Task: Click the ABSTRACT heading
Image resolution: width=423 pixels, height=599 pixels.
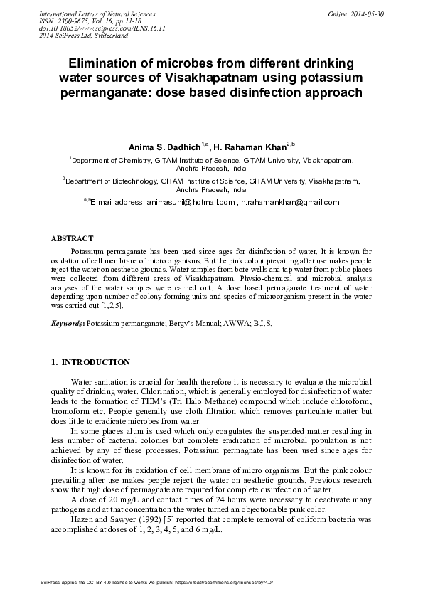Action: pyautogui.click(x=73, y=238)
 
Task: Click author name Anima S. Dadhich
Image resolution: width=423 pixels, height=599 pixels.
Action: pyautogui.click(x=164, y=147)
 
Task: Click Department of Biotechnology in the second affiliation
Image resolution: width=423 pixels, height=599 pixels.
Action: pyautogui.click(x=107, y=181)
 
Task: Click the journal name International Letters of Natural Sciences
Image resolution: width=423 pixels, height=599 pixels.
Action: pyautogui.click(x=98, y=14)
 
